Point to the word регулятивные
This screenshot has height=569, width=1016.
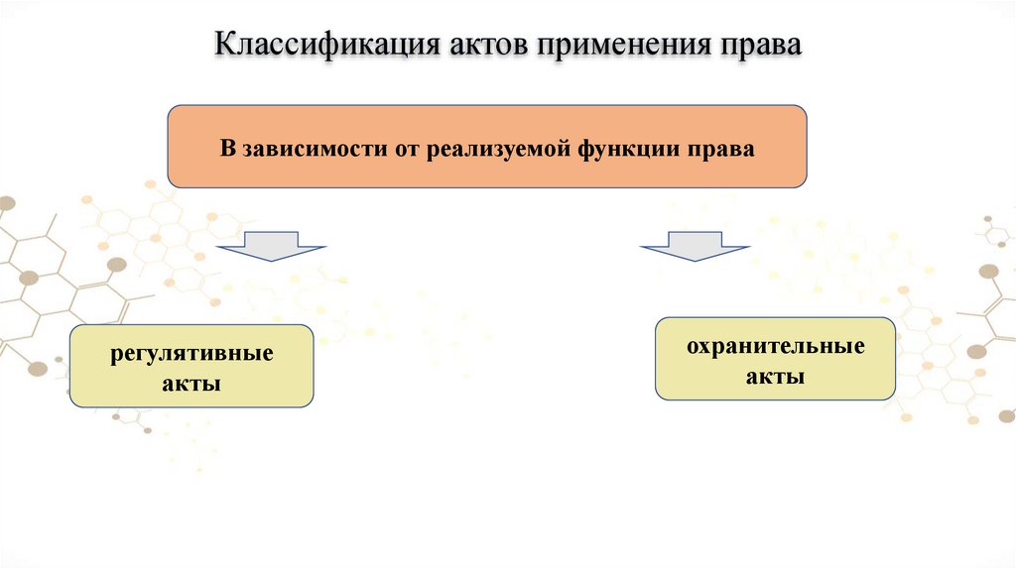click(x=191, y=354)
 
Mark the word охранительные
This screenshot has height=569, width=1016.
click(x=776, y=348)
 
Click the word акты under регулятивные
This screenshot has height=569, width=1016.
click(x=191, y=383)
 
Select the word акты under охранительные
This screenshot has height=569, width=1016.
click(x=776, y=377)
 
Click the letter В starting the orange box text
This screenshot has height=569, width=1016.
click(x=225, y=150)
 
